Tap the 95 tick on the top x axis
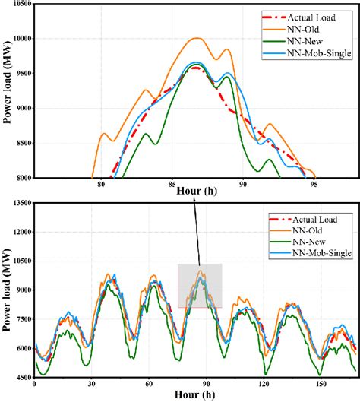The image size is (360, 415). click(x=314, y=185)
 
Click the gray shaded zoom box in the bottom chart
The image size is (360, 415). click(x=199, y=286)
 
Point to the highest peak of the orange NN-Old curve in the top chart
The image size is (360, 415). click(x=197, y=38)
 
